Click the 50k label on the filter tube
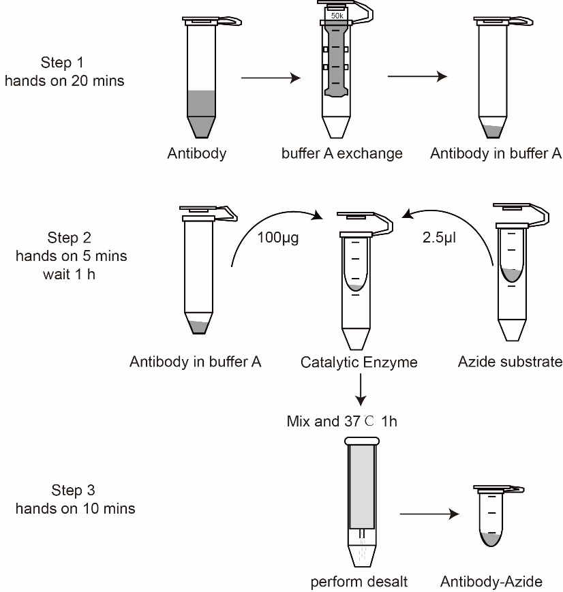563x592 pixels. click(337, 14)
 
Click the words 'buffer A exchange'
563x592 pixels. click(341, 153)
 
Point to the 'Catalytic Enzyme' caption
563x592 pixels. click(359, 362)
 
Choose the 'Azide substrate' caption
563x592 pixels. click(511, 362)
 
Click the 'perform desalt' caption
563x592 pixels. click(359, 581)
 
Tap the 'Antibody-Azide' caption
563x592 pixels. click(491, 581)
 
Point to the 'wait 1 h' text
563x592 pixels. click(71, 274)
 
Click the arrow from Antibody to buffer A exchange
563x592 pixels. click(271, 78)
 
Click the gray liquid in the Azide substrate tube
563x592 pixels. click(511, 275)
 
